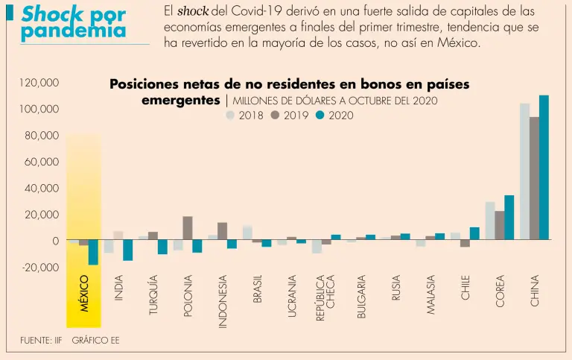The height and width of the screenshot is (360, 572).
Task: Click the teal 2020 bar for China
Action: [x=544, y=168]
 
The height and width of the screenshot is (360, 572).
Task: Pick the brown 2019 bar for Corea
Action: [x=499, y=225]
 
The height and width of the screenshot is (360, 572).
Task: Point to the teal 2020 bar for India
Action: [x=128, y=250]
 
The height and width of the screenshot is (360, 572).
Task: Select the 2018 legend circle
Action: [x=230, y=116]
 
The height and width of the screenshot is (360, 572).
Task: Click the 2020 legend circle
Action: [x=320, y=116]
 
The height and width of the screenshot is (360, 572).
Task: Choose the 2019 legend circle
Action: [x=275, y=116]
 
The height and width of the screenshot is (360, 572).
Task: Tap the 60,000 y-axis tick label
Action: [x=42, y=162]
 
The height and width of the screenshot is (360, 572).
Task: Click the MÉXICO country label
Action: [x=84, y=294]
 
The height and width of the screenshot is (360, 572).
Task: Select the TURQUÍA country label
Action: [x=153, y=294]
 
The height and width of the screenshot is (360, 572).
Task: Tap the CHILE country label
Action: [x=465, y=287]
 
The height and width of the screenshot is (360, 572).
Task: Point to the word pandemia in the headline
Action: [x=73, y=32]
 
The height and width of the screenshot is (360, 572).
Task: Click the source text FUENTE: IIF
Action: [x=41, y=341]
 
